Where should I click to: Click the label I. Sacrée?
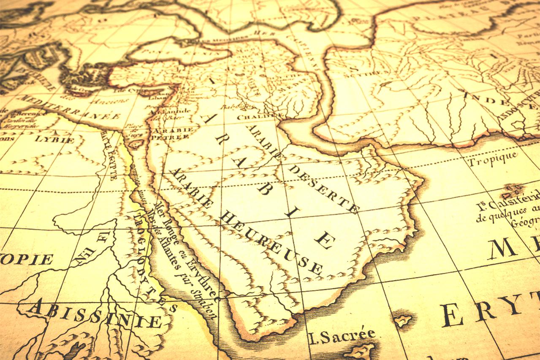pyautogui.click(x=342, y=336)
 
